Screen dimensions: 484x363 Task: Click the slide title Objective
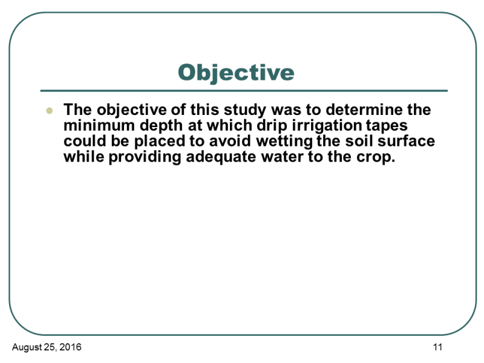(236, 73)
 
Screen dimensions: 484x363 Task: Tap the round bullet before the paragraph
(50, 110)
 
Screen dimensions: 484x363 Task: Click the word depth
(162, 126)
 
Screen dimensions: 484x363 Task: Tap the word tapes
(387, 126)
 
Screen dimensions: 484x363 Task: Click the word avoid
(230, 141)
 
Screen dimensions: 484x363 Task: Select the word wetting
(284, 142)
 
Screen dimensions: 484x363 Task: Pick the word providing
(145, 157)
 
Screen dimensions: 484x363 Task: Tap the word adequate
(221, 157)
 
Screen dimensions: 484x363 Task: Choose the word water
(282, 157)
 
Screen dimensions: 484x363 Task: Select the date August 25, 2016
(47, 347)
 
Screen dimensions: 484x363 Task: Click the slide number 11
(437, 347)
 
